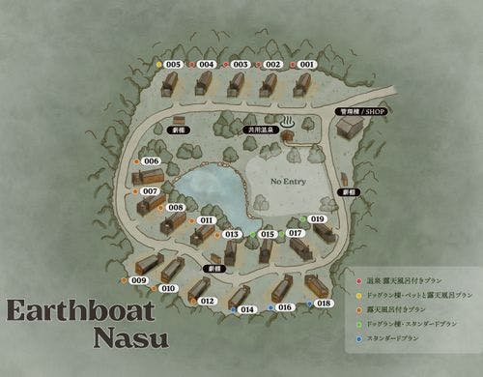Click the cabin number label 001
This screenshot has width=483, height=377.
click(x=306, y=64)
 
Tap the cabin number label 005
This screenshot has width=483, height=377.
click(x=174, y=64)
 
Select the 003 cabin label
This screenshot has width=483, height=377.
click(x=241, y=64)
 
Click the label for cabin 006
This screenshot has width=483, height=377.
click(x=150, y=160)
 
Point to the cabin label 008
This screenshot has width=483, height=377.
click(x=176, y=207)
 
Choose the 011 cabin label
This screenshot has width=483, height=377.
click(x=206, y=220)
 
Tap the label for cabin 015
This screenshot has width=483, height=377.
click(x=268, y=234)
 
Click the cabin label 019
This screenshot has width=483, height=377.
click(x=318, y=219)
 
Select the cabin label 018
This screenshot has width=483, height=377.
click(x=324, y=304)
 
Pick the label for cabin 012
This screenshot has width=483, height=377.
click(x=207, y=302)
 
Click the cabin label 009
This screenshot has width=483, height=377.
click(x=139, y=280)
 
